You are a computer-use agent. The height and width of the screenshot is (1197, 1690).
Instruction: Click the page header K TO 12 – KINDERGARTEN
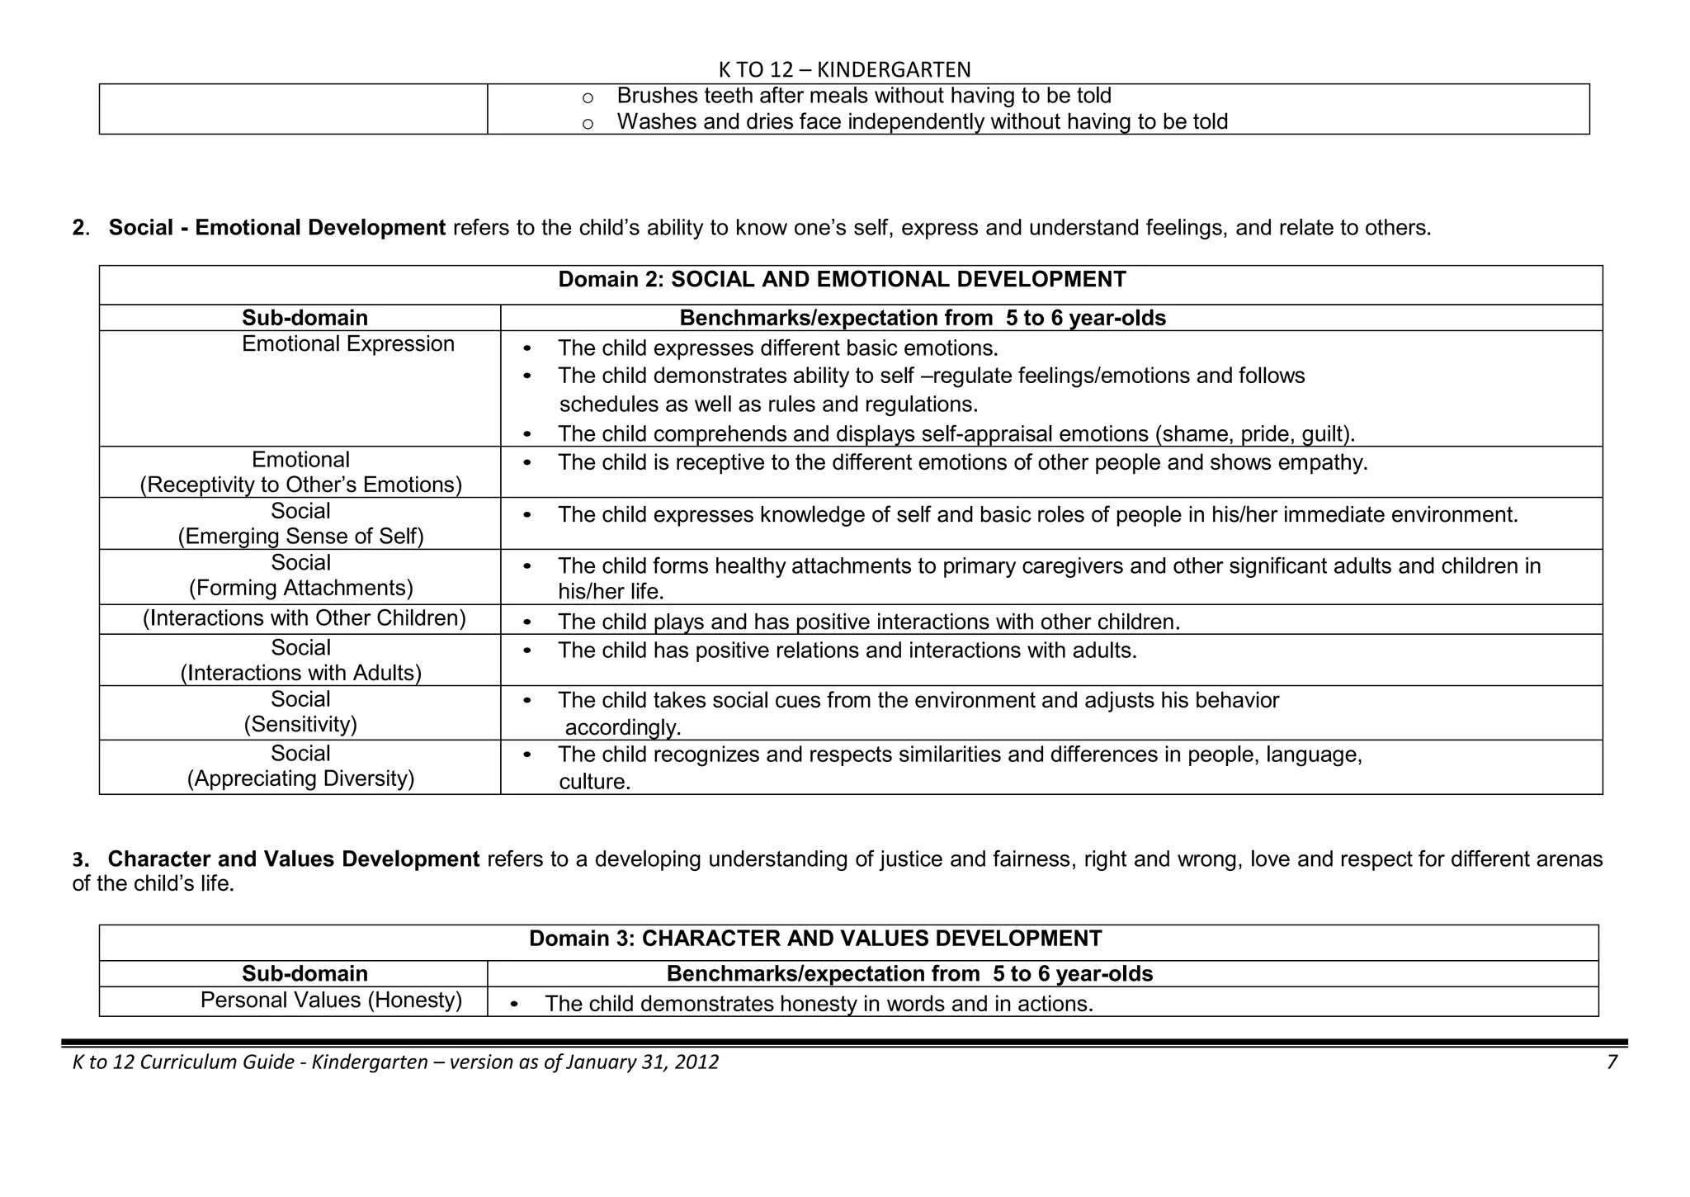[844, 69]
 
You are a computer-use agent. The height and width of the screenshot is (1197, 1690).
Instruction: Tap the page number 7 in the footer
[1612, 1062]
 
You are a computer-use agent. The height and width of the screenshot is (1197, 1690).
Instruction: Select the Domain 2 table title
[842, 280]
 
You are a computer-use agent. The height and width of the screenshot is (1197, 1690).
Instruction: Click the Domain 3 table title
[815, 939]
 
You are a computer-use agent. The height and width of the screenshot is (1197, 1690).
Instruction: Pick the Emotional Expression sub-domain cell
[347, 344]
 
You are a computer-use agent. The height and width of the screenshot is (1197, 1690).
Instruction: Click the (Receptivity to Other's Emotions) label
[300, 485]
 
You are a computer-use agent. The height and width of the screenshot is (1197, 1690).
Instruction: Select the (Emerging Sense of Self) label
[300, 537]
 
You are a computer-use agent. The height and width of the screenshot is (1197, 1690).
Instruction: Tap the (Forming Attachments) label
[300, 588]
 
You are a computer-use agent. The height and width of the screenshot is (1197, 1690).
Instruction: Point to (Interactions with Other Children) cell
[304, 618]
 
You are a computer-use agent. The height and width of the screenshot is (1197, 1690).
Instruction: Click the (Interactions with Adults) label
[300, 673]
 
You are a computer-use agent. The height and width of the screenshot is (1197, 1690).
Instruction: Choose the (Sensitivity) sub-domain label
[300, 724]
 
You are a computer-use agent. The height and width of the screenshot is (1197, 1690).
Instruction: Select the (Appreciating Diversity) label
[300, 778]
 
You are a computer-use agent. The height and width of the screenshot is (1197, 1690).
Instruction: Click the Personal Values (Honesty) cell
[331, 1001]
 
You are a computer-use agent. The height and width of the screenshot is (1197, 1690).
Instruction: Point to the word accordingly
[623, 728]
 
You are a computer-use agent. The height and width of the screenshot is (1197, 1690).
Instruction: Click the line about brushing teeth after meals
[863, 97]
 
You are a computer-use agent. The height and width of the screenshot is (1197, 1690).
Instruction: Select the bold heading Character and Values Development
[294, 859]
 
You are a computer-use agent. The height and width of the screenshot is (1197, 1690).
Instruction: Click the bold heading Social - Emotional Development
[277, 228]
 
